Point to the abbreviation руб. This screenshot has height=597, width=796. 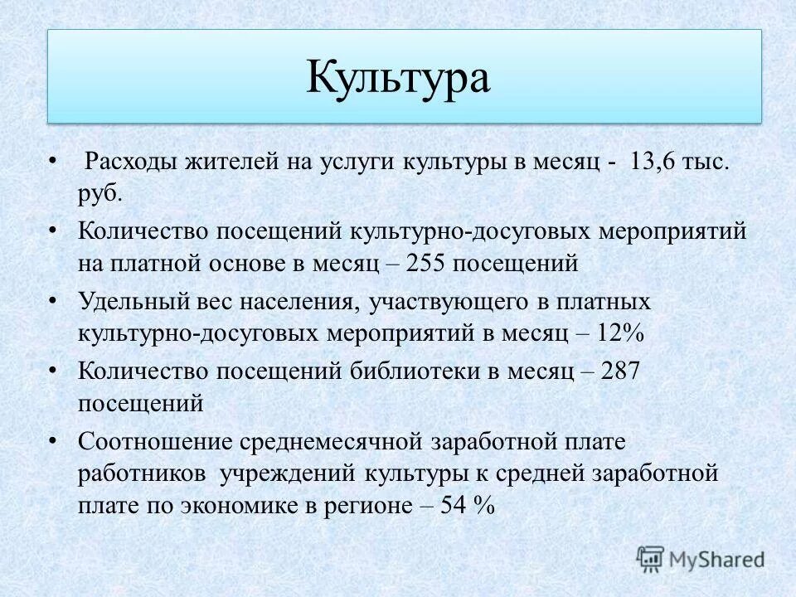pyautogui.click(x=101, y=195)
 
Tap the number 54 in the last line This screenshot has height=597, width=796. pyautogui.click(x=452, y=507)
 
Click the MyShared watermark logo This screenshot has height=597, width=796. pyautogui.click(x=701, y=558)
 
